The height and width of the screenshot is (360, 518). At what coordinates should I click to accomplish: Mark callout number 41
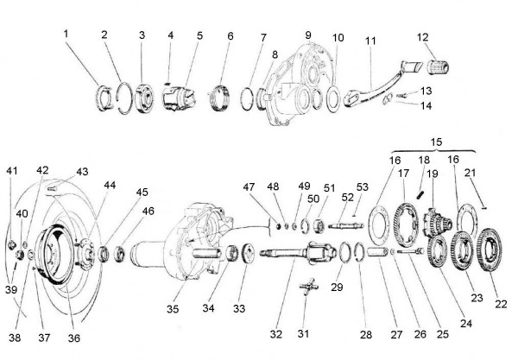coord(13,172)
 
